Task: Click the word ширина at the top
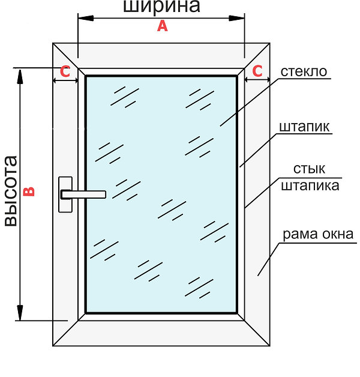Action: pyautogui.click(x=161, y=6)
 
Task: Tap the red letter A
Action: pyautogui.click(x=163, y=26)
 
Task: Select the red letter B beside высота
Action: pyautogui.click(x=29, y=192)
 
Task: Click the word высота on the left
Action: pyautogui.click(x=11, y=191)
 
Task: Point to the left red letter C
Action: pyautogui.click(x=65, y=71)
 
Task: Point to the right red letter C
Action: pyautogui.click(x=257, y=71)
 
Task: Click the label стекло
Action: pyautogui.click(x=304, y=71)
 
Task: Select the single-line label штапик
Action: pyautogui.click(x=304, y=127)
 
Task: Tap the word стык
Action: pyautogui.click(x=309, y=169)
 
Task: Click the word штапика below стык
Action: pyautogui.click(x=310, y=185)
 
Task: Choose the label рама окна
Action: pyautogui.click(x=318, y=234)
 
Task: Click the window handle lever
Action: pyautogui.click(x=83, y=195)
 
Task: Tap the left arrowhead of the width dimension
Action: pyautogui.click(x=86, y=18)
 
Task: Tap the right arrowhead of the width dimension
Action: pyautogui.click(x=237, y=18)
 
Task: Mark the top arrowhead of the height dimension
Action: pyautogui.click(x=20, y=77)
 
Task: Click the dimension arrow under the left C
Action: pyautogui.click(x=65, y=80)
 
